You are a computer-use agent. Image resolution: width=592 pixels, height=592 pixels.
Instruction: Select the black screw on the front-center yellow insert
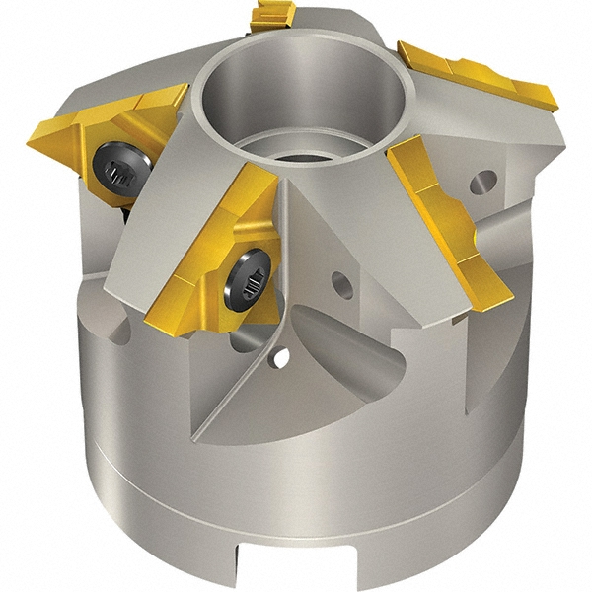click(x=244, y=276)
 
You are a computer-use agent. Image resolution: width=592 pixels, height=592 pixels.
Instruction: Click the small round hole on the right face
click(x=483, y=182)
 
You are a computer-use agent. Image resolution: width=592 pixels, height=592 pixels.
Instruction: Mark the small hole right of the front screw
click(x=339, y=283)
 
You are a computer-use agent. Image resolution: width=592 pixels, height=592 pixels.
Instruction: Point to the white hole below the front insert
click(x=282, y=357)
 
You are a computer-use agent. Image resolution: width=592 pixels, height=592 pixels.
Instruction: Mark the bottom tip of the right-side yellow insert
click(x=498, y=296)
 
